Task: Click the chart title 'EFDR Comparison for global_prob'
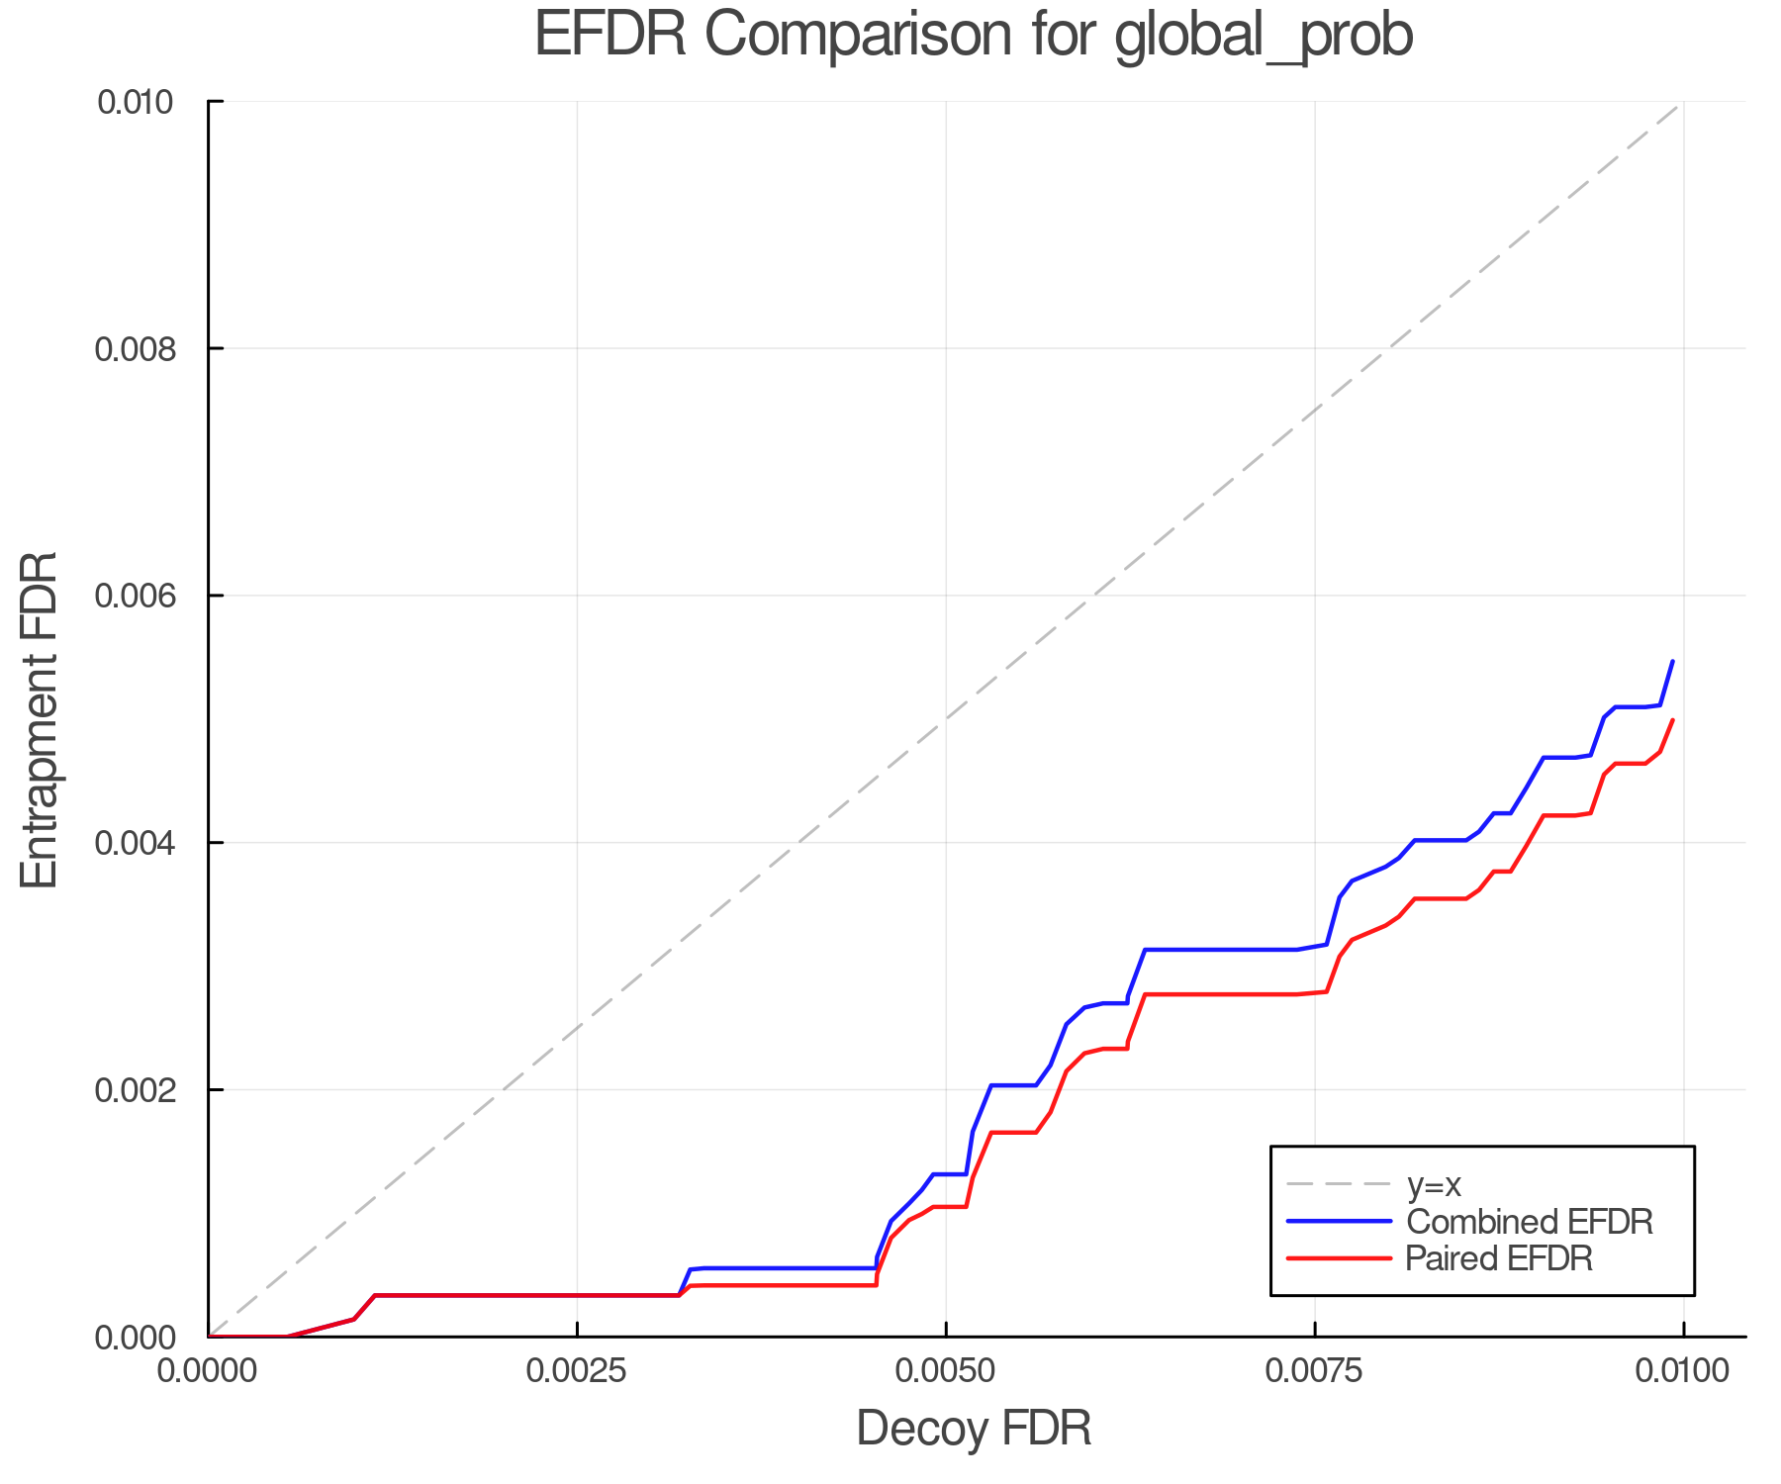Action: (974, 36)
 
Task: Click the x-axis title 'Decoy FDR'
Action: (974, 1429)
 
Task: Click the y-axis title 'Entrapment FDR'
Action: (41, 719)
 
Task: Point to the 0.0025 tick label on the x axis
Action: (576, 1371)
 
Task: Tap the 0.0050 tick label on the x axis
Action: (945, 1371)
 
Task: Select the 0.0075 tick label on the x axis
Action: (1314, 1371)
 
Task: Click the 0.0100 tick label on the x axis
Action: (1682, 1371)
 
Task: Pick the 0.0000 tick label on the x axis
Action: (208, 1371)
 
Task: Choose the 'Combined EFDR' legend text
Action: (1529, 1222)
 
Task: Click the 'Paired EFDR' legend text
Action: (1499, 1258)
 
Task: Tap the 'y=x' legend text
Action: (1434, 1184)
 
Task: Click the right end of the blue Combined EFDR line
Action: (1672, 661)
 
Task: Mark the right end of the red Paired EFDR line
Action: (1672, 720)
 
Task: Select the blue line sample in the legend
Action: (1339, 1222)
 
